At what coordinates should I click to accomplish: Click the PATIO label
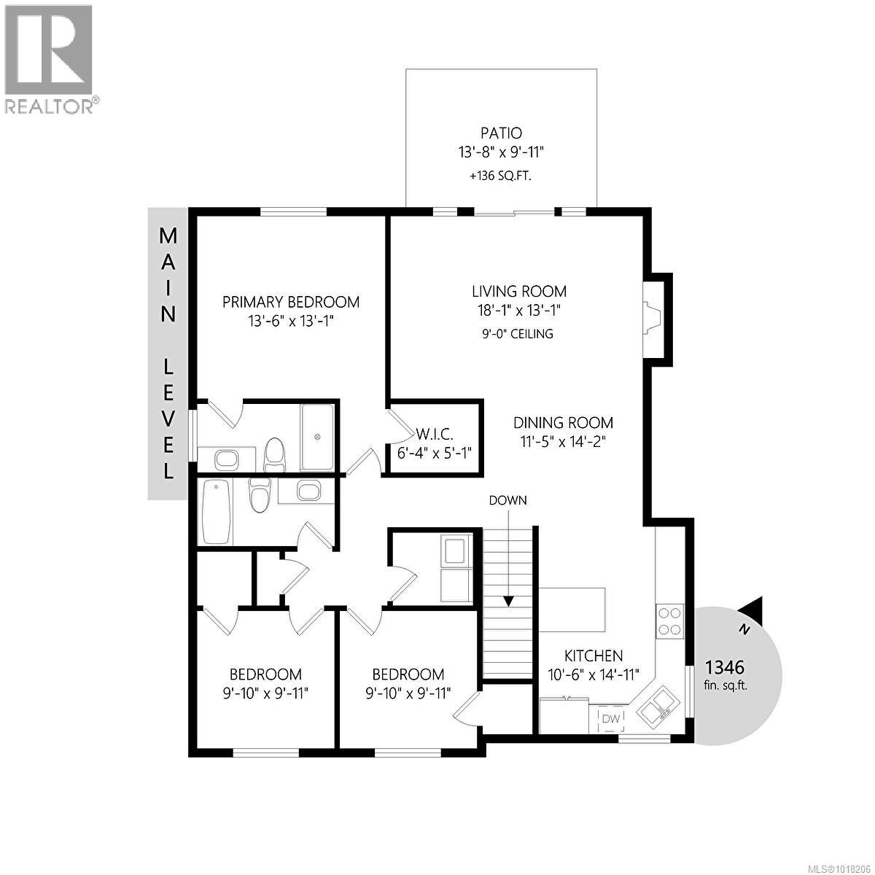tap(501, 133)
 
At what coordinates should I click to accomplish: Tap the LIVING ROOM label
tap(518, 292)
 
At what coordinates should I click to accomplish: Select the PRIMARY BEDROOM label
tap(291, 302)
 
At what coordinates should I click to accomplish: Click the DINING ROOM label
tap(563, 423)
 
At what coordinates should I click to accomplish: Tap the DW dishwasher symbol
tap(610, 720)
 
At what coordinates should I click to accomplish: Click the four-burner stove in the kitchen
tap(670, 621)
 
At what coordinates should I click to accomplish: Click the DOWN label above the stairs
tap(507, 500)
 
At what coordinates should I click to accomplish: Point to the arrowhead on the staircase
tap(508, 601)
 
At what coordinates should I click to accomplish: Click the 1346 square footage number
tap(724, 667)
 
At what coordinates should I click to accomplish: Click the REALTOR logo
tap(49, 58)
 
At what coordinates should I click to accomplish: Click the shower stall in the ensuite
tap(318, 437)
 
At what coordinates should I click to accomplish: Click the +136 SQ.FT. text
tap(500, 175)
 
